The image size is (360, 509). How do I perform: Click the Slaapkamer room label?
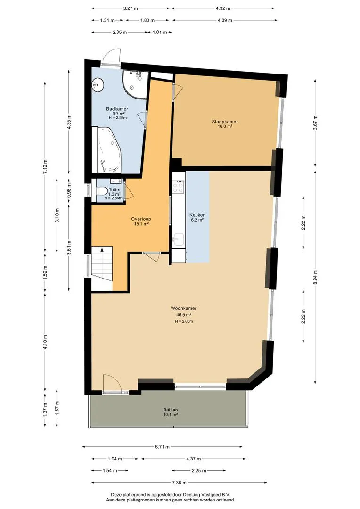[225, 122]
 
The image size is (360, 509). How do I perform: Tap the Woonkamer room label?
[183, 308]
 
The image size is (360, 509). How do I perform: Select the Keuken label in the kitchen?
[197, 215]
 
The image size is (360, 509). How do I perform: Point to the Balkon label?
[171, 410]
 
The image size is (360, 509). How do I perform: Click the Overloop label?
[141, 219]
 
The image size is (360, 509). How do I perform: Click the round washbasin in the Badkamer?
[98, 85]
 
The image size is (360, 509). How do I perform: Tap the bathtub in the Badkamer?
[109, 150]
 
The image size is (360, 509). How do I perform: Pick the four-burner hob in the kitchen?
[178, 186]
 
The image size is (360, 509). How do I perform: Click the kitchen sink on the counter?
[179, 239]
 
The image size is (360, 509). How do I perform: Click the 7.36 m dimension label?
[171, 482]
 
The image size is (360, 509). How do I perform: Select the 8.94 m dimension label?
[315, 277]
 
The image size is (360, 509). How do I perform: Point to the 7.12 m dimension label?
[45, 167]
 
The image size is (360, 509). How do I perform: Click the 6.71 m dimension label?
[162, 447]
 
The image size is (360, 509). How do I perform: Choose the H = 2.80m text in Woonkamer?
[184, 321]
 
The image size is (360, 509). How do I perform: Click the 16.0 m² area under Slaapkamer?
[225, 126]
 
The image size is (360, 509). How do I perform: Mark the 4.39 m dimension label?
[225, 20]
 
